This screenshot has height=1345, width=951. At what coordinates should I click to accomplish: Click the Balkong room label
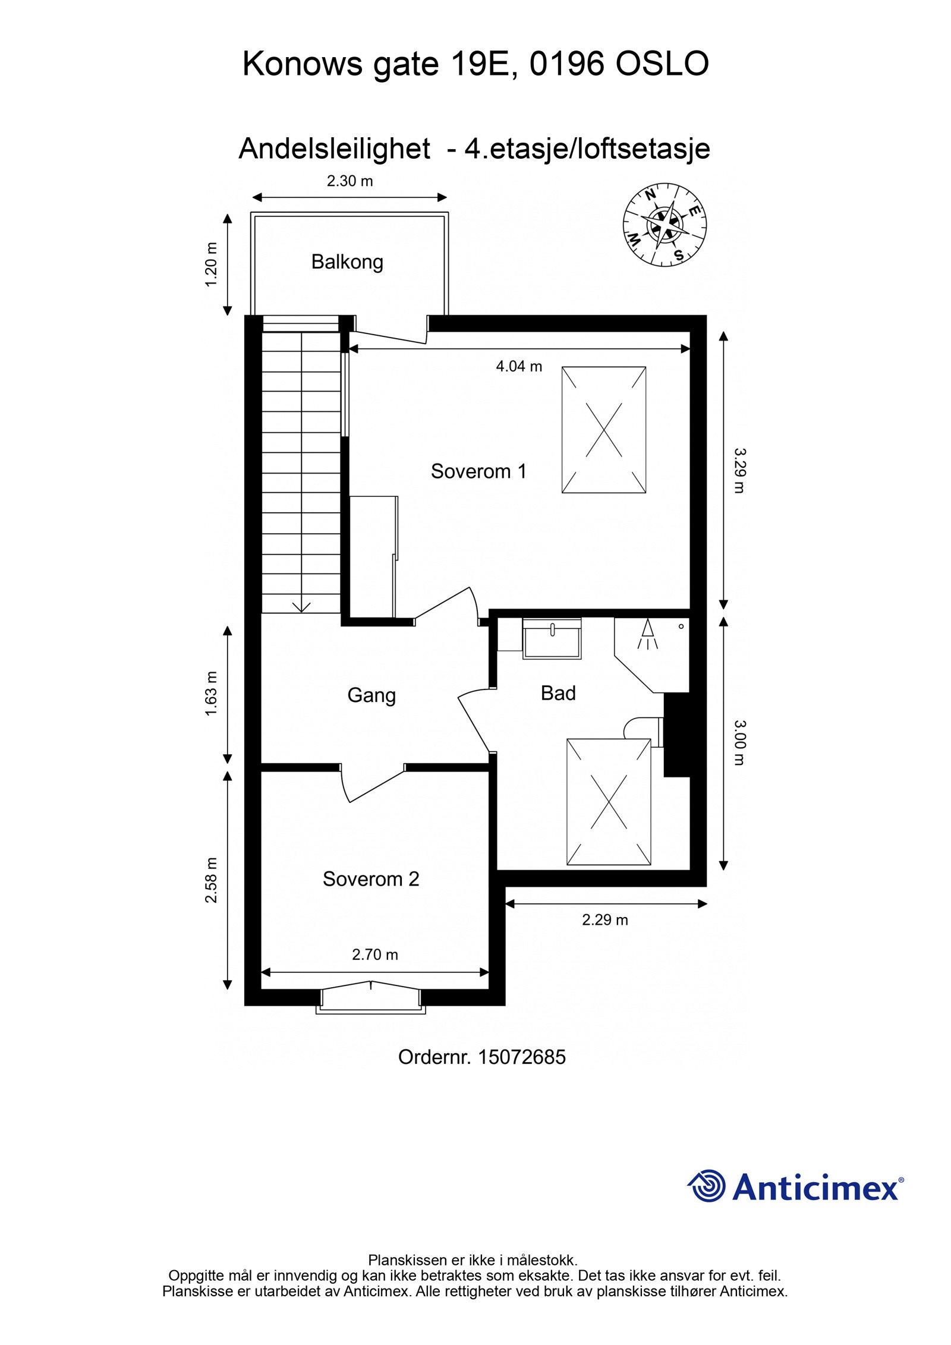(347, 262)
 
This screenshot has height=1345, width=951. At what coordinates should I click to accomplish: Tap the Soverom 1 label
(478, 471)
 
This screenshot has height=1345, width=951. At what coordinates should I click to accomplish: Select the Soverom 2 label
(371, 879)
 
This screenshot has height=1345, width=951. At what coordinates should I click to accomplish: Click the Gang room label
(371, 695)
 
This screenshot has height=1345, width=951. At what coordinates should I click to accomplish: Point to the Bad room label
(558, 693)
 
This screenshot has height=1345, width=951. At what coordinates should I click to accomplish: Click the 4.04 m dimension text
(519, 367)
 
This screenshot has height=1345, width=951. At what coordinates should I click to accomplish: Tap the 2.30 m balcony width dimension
(349, 181)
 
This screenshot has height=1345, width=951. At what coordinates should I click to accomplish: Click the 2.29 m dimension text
(604, 920)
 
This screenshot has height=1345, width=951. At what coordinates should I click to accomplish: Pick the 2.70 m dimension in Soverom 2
(375, 955)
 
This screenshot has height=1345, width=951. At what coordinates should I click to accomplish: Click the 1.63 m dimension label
(212, 694)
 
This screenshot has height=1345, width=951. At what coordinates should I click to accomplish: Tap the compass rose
(665, 225)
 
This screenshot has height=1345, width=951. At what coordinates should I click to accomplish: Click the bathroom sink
(552, 638)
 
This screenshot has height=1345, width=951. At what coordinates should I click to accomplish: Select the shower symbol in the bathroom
(647, 635)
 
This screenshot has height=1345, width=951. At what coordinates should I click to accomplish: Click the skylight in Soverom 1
(603, 430)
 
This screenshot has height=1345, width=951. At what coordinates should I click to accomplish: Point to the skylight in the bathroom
(609, 802)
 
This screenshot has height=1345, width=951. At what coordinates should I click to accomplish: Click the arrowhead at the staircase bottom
(302, 607)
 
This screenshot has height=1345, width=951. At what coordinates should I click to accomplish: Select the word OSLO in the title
(662, 64)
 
